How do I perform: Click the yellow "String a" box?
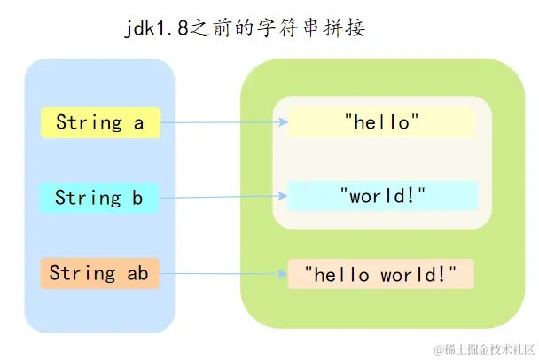(x=100, y=123)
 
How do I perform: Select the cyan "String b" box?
(x=98, y=198)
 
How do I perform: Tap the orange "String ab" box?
(x=98, y=274)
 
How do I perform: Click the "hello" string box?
(x=381, y=122)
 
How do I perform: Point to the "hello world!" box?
(x=381, y=275)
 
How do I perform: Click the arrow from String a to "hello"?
(x=222, y=124)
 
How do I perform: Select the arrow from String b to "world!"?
(x=222, y=195)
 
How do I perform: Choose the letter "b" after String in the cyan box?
(x=137, y=198)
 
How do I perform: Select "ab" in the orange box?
(x=137, y=274)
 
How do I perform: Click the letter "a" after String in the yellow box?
(x=138, y=123)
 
